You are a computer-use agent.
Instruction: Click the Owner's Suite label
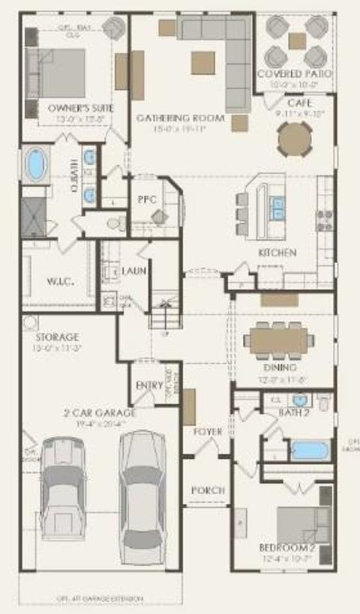(80, 108)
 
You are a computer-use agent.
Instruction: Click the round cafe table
(294, 139)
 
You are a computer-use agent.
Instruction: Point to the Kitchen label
(277, 253)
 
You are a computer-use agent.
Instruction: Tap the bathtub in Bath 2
(310, 450)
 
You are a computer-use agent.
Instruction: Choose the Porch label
(207, 490)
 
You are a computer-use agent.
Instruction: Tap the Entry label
(149, 385)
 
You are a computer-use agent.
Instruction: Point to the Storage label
(57, 337)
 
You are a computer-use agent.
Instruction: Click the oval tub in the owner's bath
(35, 165)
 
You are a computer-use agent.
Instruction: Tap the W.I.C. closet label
(58, 282)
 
